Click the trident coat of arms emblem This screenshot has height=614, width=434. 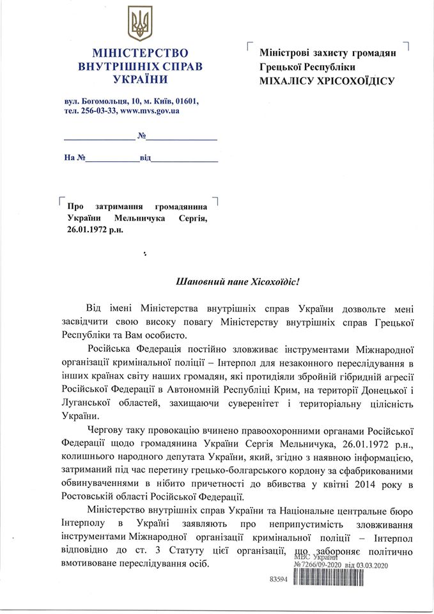pos(139,23)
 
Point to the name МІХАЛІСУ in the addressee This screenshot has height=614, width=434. pos(286,81)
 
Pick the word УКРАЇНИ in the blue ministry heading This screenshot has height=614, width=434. pos(139,80)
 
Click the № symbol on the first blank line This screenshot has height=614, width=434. pos(142,136)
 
